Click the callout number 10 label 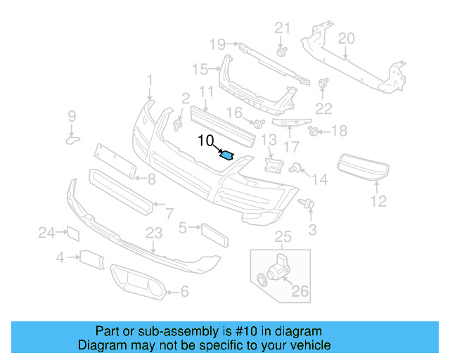click(205, 140)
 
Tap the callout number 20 click(346, 39)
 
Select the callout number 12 click(379, 202)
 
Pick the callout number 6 click(185, 290)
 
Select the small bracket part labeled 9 click(73, 139)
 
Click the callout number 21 click(282, 27)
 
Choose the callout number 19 click(217, 44)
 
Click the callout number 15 click(200, 69)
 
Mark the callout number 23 click(154, 233)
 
